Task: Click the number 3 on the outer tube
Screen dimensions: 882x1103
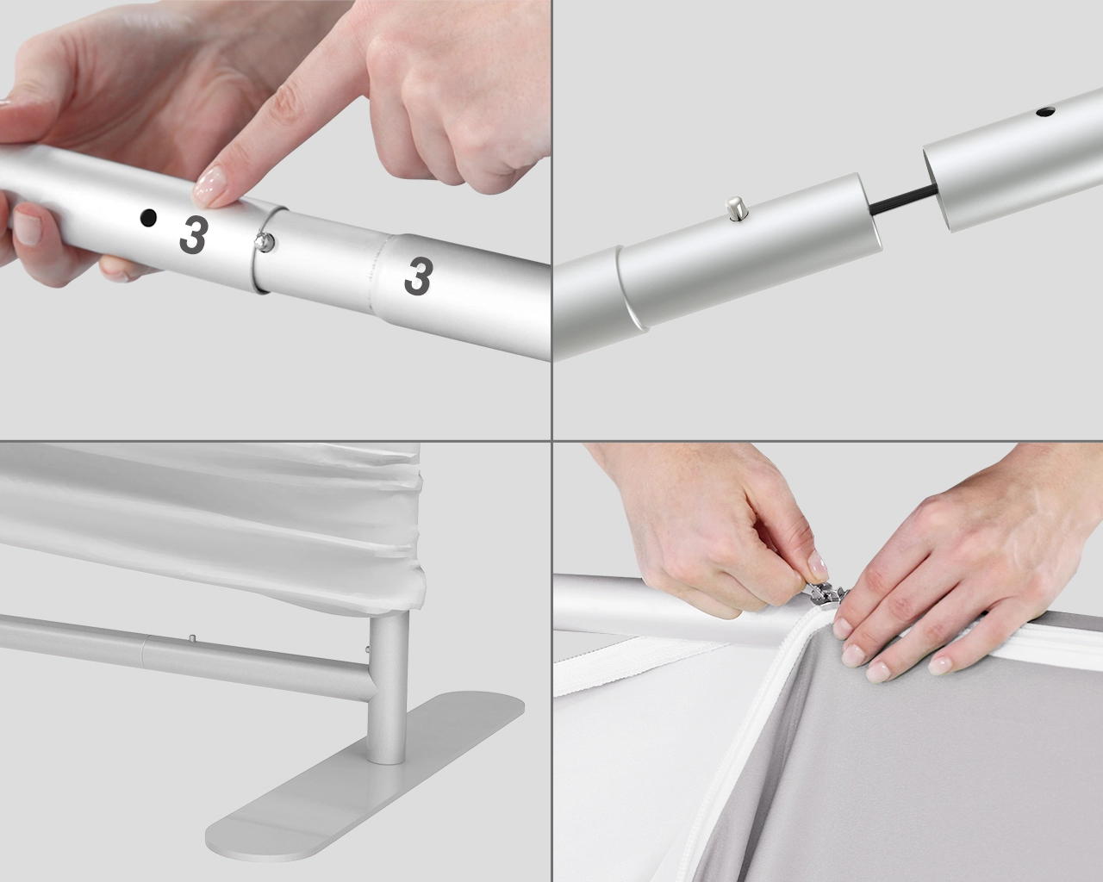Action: coord(193,235)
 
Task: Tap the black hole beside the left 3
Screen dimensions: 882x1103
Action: coord(149,219)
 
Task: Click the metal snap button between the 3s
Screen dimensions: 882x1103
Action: coord(265,243)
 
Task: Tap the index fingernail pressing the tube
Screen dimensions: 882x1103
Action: coord(211,184)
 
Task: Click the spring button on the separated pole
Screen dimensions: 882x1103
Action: coord(735,208)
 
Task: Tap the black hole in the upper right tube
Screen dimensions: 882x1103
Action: coord(1046,112)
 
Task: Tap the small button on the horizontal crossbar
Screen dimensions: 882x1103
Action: coord(190,638)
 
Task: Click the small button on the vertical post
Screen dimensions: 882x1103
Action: coord(369,648)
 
